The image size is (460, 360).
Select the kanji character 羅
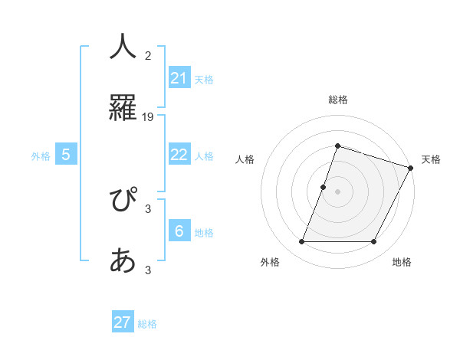tap(123, 106)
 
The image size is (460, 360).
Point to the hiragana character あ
tap(123, 261)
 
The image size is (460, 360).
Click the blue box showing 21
tap(179, 78)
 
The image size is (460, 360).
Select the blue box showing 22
tap(179, 155)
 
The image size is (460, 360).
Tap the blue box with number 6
tap(179, 231)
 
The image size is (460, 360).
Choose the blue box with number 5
tap(66, 155)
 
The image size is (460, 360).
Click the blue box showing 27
tap(123, 322)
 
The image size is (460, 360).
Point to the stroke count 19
tap(148, 117)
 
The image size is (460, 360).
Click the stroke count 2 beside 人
tap(148, 55)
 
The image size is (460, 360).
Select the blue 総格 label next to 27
tap(147, 324)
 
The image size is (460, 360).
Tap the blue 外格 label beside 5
tap(41, 156)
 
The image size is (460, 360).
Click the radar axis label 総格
tap(337, 100)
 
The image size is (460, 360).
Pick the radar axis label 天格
tap(431, 159)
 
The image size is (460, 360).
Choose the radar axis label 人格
tap(245, 159)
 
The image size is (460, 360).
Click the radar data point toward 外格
tap(301, 242)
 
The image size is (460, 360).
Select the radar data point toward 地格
tap(374, 242)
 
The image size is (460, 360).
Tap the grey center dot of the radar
tap(337, 191)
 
